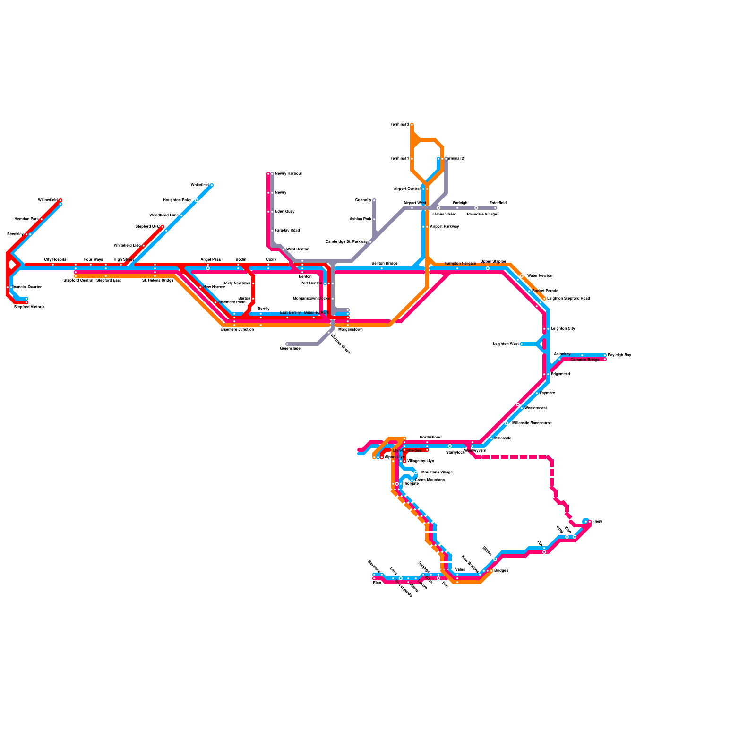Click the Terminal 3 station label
coord(400,125)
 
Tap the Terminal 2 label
coord(454,159)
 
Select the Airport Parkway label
coord(444,227)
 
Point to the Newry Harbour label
coord(288,174)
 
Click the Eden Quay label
coord(284,212)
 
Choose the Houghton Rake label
coord(177,200)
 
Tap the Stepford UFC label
coord(147,227)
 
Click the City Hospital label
coord(56,260)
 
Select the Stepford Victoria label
coord(29,307)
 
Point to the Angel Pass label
coord(211,260)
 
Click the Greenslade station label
coord(290,349)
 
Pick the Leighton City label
coord(563,329)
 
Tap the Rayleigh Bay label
coord(619,355)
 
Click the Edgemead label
coord(560,374)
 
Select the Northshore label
coord(430,438)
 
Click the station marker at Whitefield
coord(212,185)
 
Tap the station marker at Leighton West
coord(522,344)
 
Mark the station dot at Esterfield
coord(495,208)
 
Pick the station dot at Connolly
coord(374,200)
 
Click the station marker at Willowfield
coord(60,200)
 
